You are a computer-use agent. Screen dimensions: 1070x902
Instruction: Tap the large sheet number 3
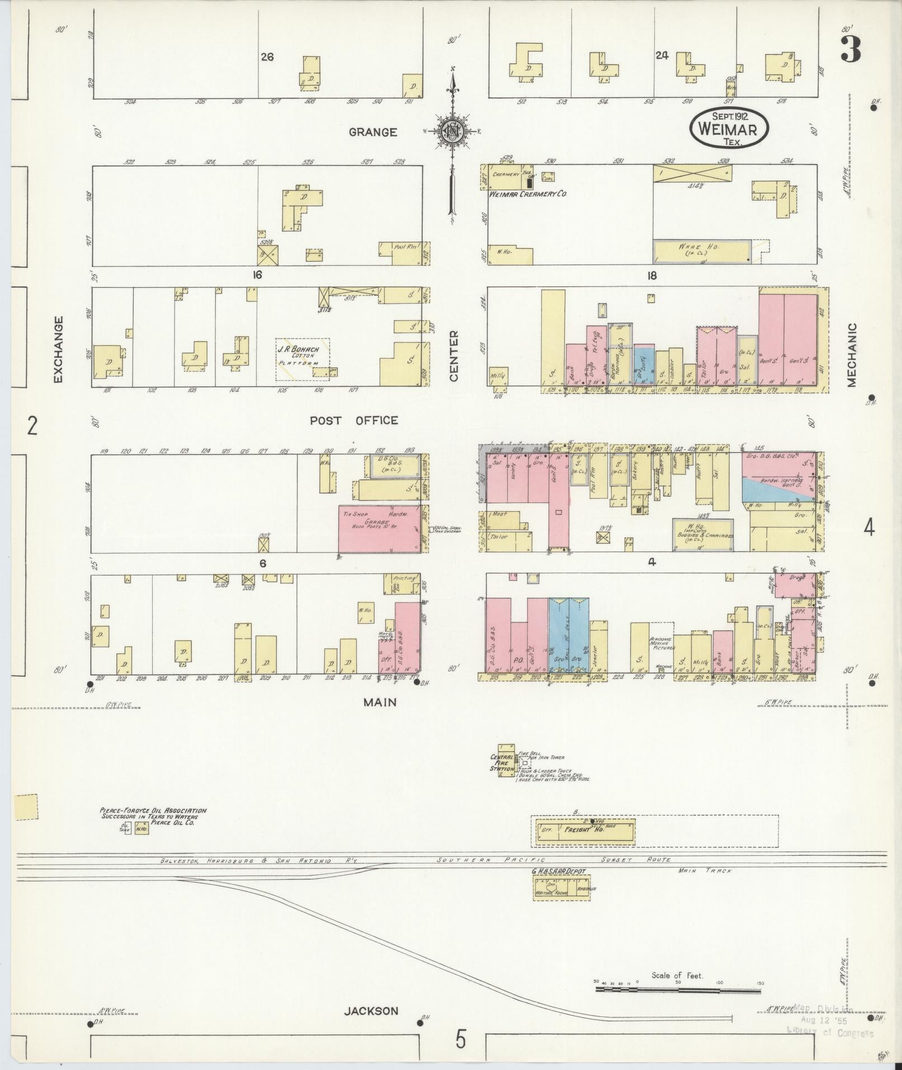pyautogui.click(x=850, y=49)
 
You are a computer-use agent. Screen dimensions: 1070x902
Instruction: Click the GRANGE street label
pyautogui.click(x=373, y=132)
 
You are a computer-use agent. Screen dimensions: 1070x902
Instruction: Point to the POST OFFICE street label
pyautogui.click(x=354, y=421)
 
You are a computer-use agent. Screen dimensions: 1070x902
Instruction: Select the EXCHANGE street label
pyautogui.click(x=58, y=350)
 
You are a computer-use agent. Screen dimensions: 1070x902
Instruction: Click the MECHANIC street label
pyautogui.click(x=852, y=355)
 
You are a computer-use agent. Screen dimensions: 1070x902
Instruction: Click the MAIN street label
pyautogui.click(x=380, y=702)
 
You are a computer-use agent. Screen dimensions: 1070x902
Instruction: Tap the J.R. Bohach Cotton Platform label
pyautogui.click(x=302, y=356)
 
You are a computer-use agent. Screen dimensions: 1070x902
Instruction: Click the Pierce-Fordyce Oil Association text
pyautogui.click(x=153, y=816)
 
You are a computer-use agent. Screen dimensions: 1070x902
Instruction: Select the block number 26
pyautogui.click(x=267, y=56)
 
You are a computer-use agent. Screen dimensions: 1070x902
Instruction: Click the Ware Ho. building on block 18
pyautogui.click(x=702, y=251)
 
